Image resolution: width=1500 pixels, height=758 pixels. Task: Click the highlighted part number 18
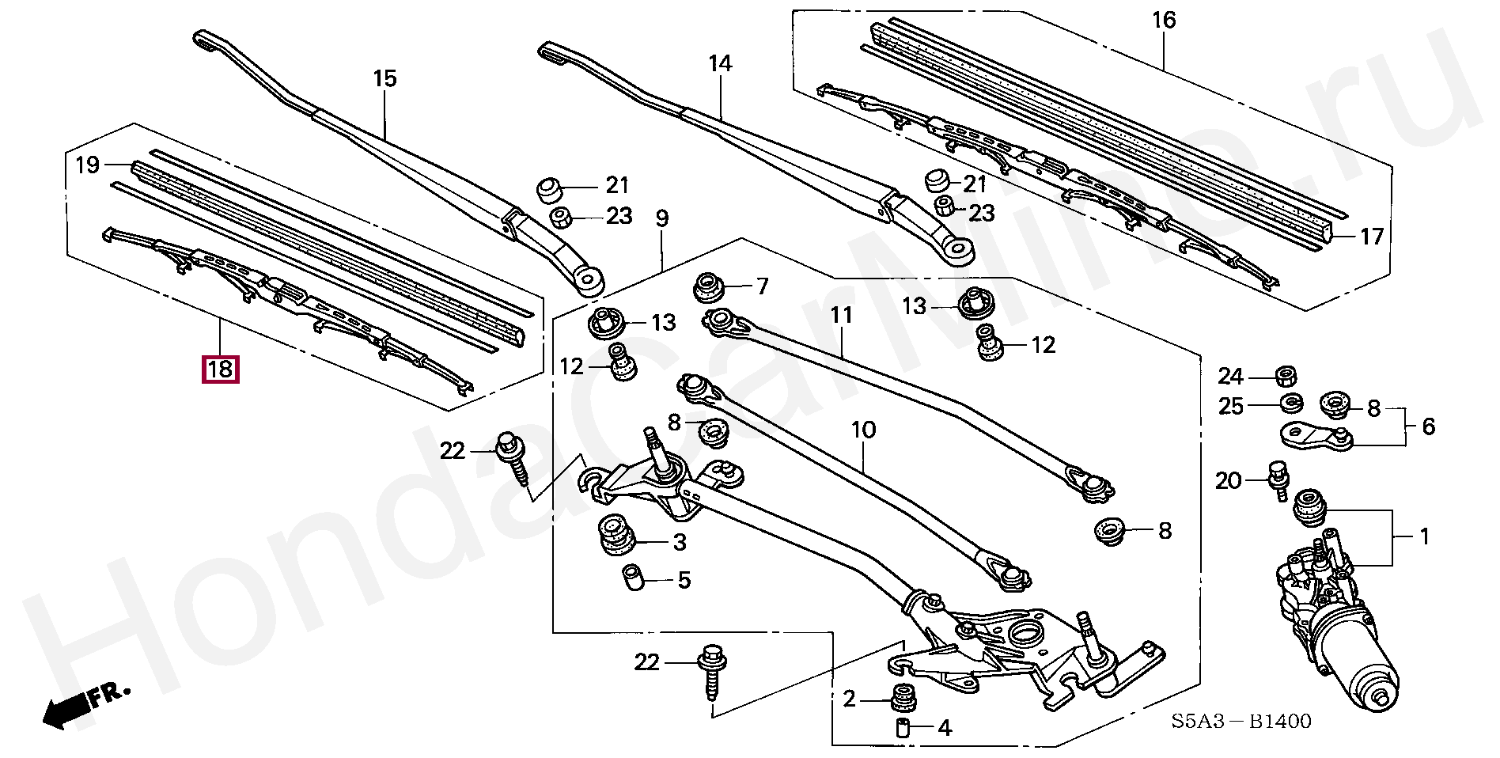(x=221, y=369)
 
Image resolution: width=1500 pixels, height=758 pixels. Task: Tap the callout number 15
(x=384, y=78)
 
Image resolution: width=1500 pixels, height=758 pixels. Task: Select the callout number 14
(x=720, y=63)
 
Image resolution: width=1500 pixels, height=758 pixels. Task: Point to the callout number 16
(x=1164, y=20)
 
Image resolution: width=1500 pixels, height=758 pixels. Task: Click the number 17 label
(x=1372, y=236)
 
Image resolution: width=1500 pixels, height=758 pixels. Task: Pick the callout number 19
(x=87, y=165)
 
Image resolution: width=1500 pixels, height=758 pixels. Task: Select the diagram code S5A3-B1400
(x=1241, y=721)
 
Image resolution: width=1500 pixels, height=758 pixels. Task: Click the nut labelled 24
(x=1286, y=375)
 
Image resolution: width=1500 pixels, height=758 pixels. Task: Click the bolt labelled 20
(x=1278, y=479)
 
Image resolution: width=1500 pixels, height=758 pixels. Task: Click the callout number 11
(x=841, y=315)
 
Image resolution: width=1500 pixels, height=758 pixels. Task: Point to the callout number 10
(x=863, y=430)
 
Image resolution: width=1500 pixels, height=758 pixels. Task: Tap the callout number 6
(x=1428, y=426)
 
